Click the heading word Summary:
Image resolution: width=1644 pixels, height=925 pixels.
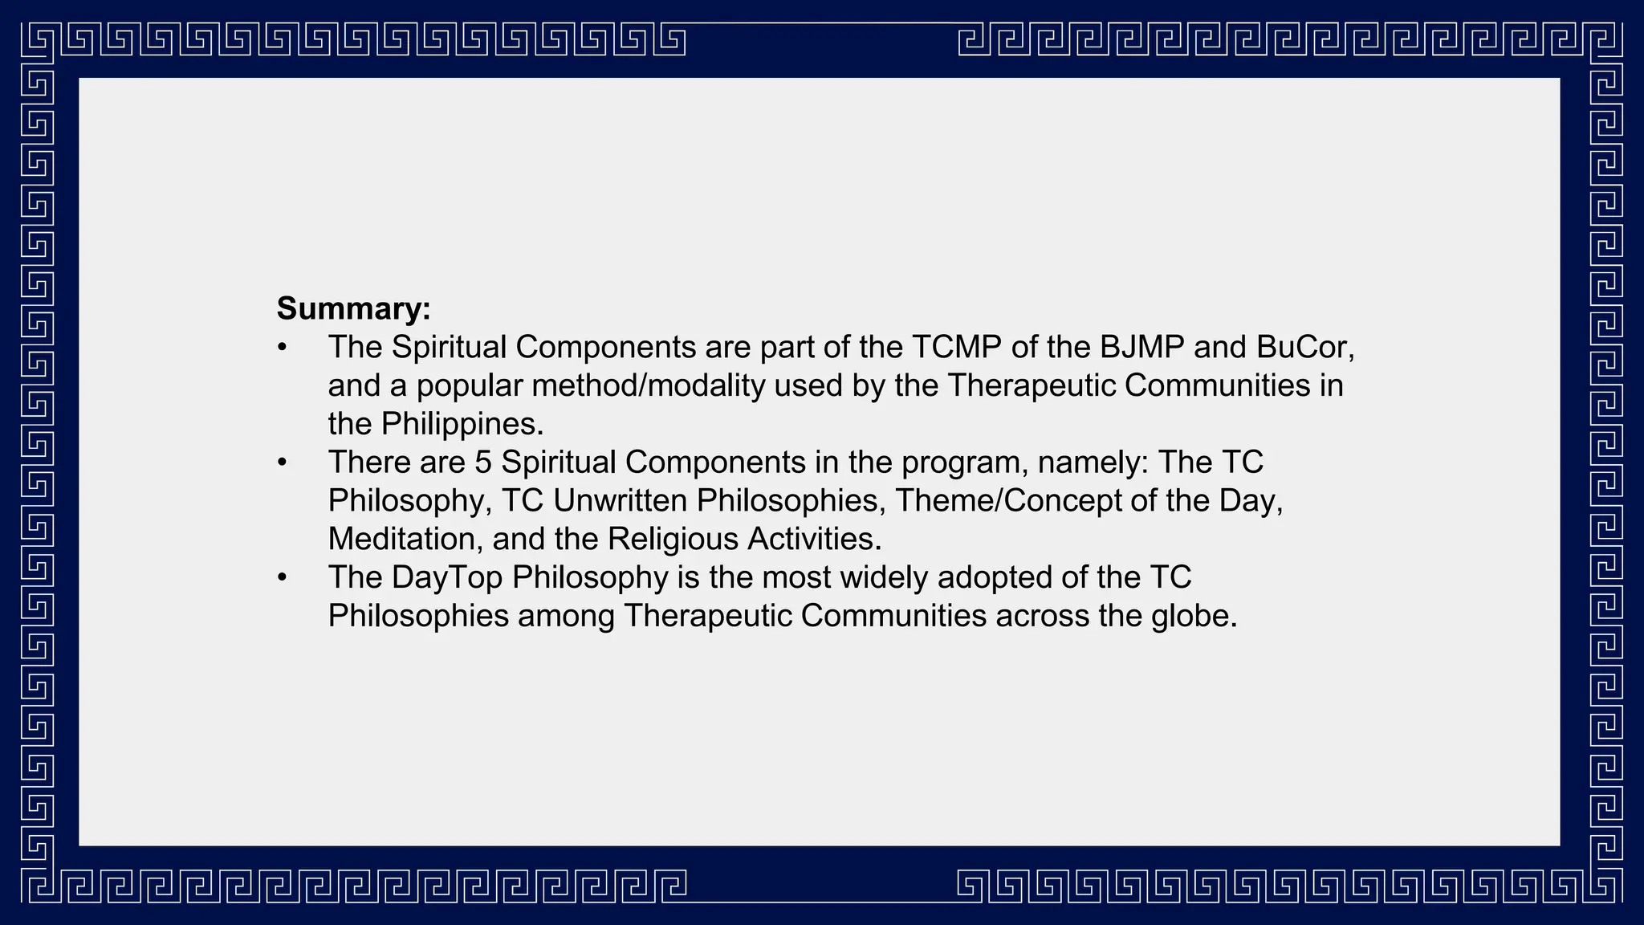[x=353, y=309]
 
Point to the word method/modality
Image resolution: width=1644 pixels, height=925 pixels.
[x=649, y=386]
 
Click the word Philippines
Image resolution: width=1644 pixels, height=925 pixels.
[x=462, y=424]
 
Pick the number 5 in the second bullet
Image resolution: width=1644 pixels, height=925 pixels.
[x=482, y=462]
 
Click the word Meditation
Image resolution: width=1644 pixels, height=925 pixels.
[x=405, y=540]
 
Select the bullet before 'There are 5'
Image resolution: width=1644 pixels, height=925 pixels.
[x=282, y=463]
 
